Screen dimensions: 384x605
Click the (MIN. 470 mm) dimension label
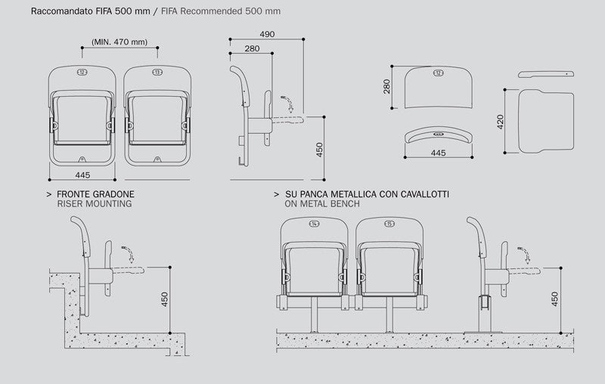pos(119,42)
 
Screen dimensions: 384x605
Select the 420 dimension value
pos(501,123)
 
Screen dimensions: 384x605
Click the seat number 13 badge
pos(157,73)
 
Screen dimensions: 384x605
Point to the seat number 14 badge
pos(314,224)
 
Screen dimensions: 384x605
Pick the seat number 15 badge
pos(389,224)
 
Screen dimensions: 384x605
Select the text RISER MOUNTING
pos(95,204)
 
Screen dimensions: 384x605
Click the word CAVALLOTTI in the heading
pos(423,194)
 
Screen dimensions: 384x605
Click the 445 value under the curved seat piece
pos(437,152)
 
